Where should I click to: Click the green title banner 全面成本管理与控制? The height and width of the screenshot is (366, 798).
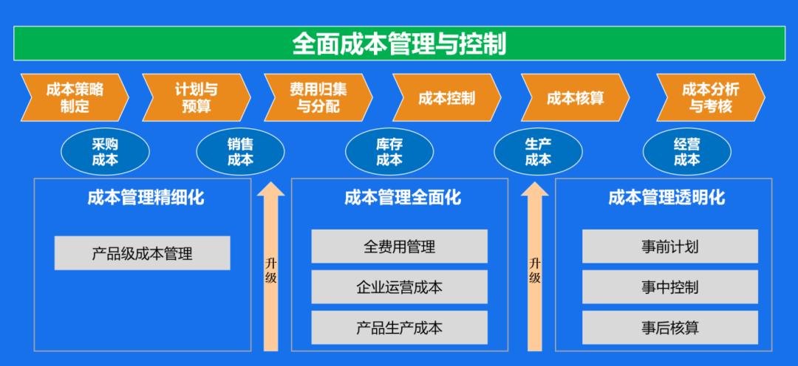point(399,44)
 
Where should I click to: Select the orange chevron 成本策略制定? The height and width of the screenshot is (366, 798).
point(75,97)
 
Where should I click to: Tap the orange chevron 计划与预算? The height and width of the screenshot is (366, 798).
point(197,97)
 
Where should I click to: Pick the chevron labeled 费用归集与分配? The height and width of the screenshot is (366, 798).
point(318,97)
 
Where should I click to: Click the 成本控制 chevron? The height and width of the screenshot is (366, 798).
point(447,97)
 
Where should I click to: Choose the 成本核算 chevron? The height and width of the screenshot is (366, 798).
point(575,97)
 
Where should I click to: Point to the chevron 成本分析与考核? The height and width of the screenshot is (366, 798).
point(711,97)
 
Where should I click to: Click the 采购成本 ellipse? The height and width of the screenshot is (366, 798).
point(106,151)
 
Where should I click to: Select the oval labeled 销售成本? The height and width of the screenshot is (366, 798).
point(241,151)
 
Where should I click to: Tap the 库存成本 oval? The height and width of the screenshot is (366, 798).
point(389,151)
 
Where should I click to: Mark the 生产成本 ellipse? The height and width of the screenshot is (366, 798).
point(538,151)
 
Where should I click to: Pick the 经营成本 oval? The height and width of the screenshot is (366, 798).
point(687,151)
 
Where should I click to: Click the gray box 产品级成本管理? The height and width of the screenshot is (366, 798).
point(143,253)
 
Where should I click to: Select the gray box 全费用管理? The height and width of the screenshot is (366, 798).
point(400,246)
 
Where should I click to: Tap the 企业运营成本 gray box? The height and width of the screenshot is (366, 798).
point(400,287)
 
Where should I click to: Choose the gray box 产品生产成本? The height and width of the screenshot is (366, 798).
point(400,328)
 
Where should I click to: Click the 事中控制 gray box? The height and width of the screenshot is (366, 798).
point(670,287)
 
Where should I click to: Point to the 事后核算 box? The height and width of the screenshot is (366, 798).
point(670,328)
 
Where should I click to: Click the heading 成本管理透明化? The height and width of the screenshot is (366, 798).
point(666,197)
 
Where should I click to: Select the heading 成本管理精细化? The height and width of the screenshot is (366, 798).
point(146,197)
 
